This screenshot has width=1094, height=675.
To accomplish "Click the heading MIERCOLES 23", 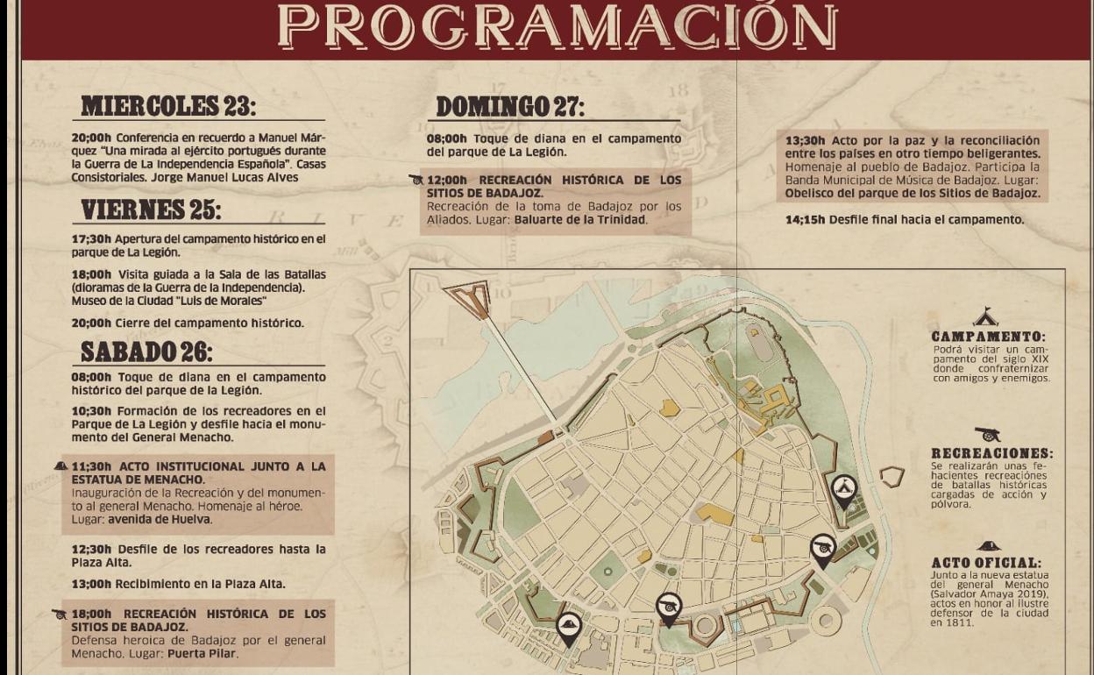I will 169,106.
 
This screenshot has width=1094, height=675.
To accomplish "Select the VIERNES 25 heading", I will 152,210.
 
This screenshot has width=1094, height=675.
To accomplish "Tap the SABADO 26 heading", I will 146,352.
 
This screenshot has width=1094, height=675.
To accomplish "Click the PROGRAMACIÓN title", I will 557,27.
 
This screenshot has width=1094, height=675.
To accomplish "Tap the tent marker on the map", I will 843,489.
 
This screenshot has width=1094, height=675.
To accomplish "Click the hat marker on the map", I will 569,626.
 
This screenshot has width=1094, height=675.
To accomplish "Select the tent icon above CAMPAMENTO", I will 985,317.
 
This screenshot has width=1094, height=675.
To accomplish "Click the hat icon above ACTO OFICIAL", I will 989,546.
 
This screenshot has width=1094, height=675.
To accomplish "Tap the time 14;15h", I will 805,220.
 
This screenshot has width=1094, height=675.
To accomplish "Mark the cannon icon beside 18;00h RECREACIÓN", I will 60,615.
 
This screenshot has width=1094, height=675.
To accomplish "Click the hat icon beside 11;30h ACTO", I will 60,466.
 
